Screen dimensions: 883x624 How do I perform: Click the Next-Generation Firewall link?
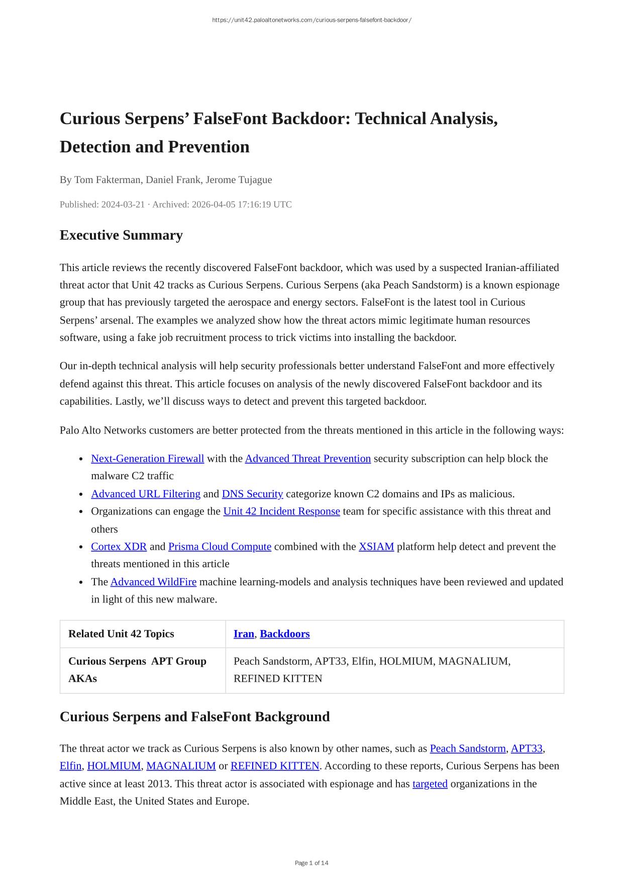click(x=147, y=459)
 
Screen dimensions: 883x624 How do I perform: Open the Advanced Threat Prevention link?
click(x=307, y=459)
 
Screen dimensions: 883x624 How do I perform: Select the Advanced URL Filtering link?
click(x=146, y=494)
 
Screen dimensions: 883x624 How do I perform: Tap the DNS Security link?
click(x=252, y=494)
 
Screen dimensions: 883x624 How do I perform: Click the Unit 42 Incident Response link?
click(x=281, y=511)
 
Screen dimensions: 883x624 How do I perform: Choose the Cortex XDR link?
click(x=119, y=547)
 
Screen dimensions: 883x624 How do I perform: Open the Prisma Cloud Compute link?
click(x=220, y=547)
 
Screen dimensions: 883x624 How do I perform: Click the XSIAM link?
click(x=376, y=547)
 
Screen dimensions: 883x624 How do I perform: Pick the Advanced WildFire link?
click(x=153, y=582)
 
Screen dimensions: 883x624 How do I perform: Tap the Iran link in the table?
click(x=244, y=634)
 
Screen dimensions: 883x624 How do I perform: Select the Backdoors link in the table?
click(x=284, y=634)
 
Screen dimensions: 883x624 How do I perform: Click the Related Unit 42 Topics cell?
click(x=121, y=634)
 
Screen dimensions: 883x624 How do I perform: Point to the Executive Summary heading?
click(x=121, y=235)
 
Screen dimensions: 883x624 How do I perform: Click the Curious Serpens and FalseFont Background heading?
click(x=194, y=717)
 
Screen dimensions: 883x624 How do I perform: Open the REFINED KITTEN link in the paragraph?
click(x=275, y=766)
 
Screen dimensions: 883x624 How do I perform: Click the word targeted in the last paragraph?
click(x=430, y=784)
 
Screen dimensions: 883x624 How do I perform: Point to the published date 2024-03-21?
click(x=123, y=205)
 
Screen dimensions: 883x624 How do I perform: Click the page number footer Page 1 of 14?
click(x=311, y=863)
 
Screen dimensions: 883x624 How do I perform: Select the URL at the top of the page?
click(x=311, y=20)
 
